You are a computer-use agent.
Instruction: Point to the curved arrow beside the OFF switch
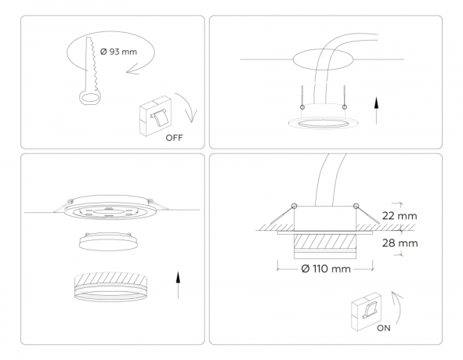coord(190,109)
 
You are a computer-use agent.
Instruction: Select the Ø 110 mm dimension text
coord(323,268)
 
